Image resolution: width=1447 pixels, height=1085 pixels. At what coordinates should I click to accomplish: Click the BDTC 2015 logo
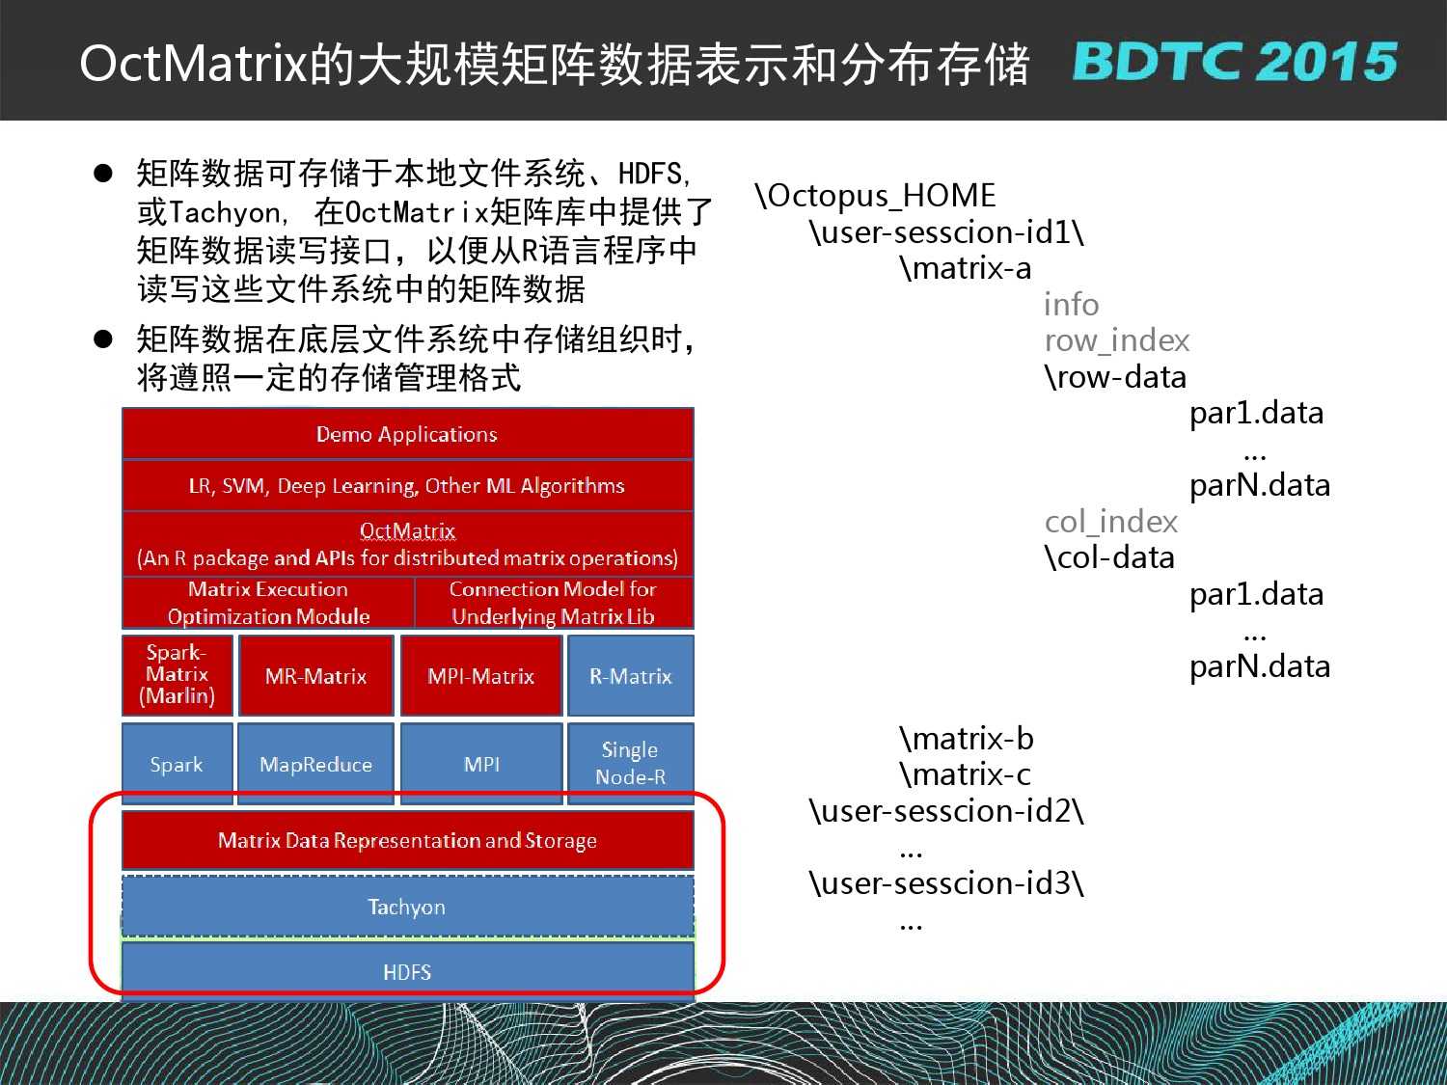(x=1234, y=62)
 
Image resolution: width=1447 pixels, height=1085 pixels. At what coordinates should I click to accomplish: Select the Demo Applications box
(x=407, y=433)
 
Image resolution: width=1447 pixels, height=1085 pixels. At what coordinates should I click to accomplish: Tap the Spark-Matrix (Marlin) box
(x=177, y=674)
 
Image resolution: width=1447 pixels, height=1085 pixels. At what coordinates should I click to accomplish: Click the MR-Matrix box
(x=315, y=674)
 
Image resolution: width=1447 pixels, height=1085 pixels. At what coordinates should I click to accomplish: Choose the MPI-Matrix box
(x=481, y=674)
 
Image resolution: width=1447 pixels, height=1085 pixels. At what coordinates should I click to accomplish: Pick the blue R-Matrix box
(x=631, y=674)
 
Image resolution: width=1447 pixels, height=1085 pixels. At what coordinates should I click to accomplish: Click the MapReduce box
(x=315, y=764)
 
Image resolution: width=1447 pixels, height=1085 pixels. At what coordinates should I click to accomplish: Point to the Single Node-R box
(x=631, y=764)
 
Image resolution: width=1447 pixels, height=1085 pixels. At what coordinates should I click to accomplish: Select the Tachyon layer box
(x=407, y=906)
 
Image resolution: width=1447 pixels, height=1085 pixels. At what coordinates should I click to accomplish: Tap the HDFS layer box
(x=407, y=972)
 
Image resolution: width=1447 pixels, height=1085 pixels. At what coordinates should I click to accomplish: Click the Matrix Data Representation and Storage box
(x=407, y=840)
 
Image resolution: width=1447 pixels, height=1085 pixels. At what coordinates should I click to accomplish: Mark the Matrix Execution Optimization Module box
(x=268, y=603)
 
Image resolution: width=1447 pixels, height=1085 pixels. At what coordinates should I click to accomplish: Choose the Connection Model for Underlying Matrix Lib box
(x=554, y=603)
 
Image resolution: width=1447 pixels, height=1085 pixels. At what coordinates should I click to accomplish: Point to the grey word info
(x=1071, y=305)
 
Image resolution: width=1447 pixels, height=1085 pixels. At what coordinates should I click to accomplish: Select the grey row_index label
(x=1117, y=340)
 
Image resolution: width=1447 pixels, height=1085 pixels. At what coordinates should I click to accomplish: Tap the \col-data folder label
(x=1109, y=557)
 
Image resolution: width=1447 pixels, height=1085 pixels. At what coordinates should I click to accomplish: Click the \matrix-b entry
(x=967, y=738)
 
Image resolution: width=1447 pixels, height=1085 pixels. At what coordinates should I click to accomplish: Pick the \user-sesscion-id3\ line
(x=946, y=882)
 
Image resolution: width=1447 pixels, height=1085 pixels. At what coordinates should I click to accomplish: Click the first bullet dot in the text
(x=103, y=174)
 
